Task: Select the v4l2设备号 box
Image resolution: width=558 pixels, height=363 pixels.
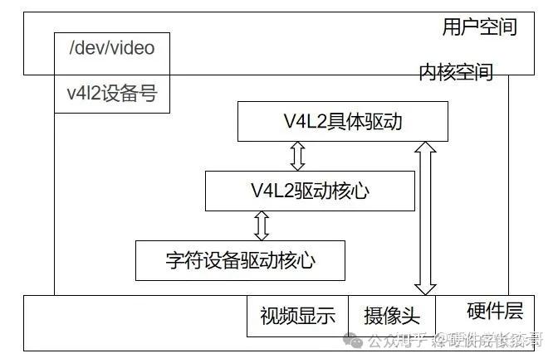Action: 111,94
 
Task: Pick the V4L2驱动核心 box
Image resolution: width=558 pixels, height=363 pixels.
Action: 309,191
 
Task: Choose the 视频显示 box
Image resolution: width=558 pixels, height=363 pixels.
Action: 296,316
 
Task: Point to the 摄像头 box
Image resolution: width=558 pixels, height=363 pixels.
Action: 392,316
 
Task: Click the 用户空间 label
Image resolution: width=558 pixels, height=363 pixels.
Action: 479,27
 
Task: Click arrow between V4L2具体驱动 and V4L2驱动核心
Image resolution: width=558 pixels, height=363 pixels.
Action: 297,156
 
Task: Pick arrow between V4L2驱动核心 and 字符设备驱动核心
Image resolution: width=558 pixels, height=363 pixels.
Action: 262,225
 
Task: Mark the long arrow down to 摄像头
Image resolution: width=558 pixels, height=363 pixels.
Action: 426,218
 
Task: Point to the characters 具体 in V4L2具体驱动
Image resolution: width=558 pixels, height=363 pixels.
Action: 342,122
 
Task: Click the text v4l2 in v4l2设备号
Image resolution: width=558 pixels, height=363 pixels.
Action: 82,94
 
